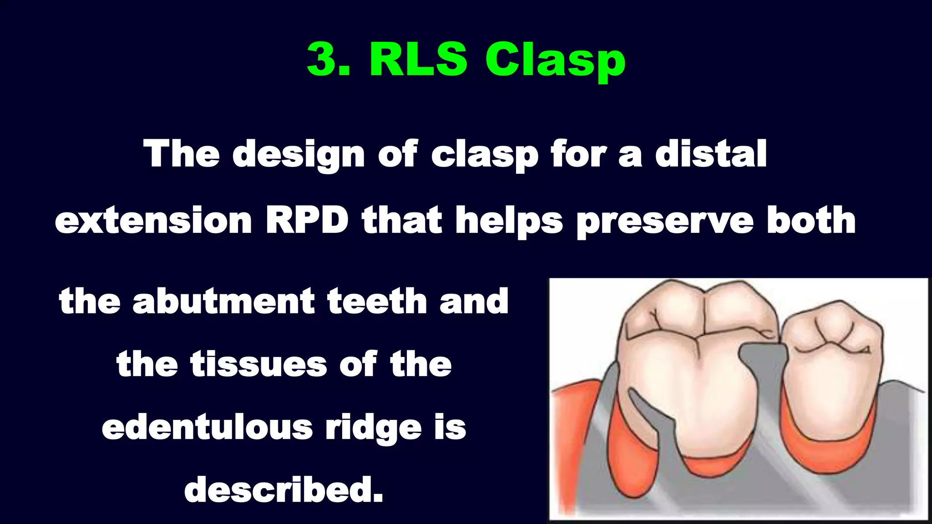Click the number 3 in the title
pyautogui.click(x=322, y=60)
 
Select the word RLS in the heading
pyautogui.click(x=418, y=60)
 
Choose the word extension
pyautogui.click(x=153, y=221)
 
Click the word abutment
pyautogui.click(x=223, y=301)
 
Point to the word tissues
pyautogui.click(x=258, y=364)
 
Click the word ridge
pyautogui.click(x=373, y=428)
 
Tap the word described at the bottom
pyautogui.click(x=284, y=490)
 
